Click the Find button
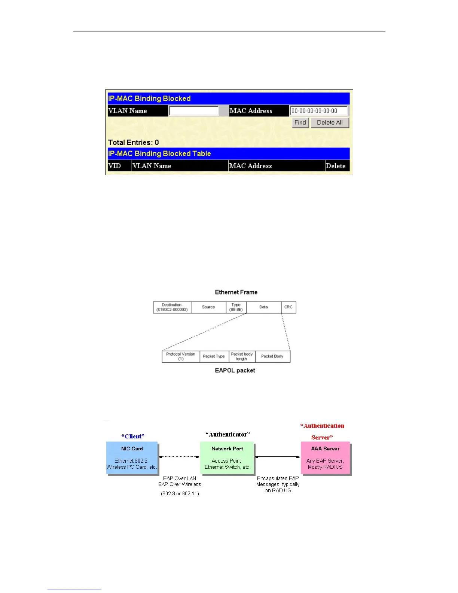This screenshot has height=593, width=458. [x=300, y=122]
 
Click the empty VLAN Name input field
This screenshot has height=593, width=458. [x=194, y=111]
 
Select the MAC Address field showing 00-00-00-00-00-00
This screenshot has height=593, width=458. [x=319, y=111]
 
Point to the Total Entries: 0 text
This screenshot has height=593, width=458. [x=133, y=143]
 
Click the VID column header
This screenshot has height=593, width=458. [x=114, y=166]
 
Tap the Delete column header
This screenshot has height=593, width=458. [x=336, y=166]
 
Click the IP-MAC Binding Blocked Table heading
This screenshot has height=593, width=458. [x=159, y=154]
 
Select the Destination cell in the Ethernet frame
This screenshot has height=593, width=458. [x=172, y=307]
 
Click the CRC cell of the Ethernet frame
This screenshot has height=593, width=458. [x=288, y=307]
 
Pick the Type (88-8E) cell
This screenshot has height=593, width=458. [x=236, y=307]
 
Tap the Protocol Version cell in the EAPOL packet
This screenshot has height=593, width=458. [x=181, y=356]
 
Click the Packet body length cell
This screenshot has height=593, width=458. [x=242, y=356]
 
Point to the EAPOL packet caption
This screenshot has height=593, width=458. [x=235, y=371]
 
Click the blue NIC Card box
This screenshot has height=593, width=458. [x=132, y=458]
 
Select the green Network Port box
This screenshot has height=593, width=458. [x=227, y=458]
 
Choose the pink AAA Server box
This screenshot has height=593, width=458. [x=325, y=458]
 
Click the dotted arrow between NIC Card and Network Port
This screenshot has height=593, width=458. [x=179, y=457]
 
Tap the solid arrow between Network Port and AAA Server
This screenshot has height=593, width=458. [x=278, y=457]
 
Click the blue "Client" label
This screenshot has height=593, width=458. [x=133, y=437]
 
